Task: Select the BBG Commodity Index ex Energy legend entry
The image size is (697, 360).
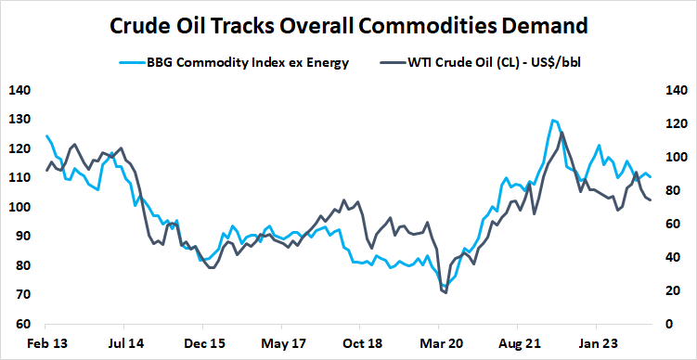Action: click(246, 63)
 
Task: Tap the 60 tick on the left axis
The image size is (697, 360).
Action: click(20, 325)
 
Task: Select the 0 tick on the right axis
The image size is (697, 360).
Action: click(665, 325)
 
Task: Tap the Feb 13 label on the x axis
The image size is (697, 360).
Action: click(45, 342)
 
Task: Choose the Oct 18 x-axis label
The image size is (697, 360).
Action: click(360, 342)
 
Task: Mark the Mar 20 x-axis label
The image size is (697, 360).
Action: click(440, 342)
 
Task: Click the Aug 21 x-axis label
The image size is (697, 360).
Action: click(519, 342)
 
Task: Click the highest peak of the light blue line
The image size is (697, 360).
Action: click(553, 120)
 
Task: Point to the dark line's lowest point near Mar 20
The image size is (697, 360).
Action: click(445, 293)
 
